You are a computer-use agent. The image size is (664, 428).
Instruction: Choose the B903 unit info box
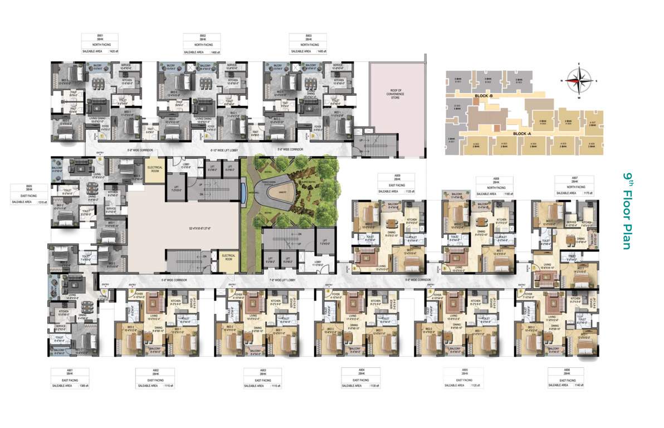(307, 44)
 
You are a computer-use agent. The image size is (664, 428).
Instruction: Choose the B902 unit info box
(203, 44)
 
